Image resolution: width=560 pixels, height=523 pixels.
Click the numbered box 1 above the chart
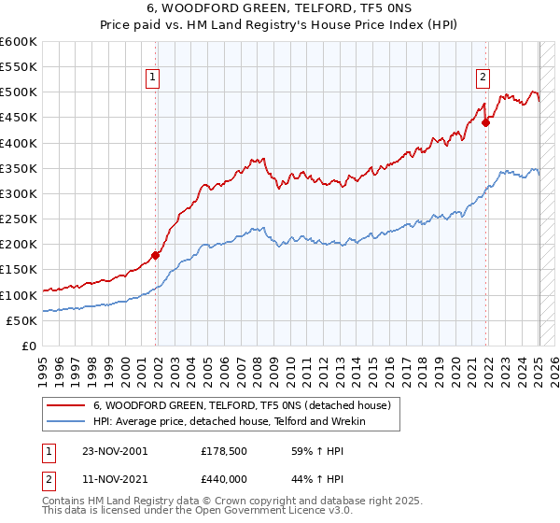pyautogui.click(x=152, y=78)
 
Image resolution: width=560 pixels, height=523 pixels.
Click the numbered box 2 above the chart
pyautogui.click(x=483, y=78)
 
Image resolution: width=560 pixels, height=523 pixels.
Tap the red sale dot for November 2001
pyautogui.click(x=156, y=255)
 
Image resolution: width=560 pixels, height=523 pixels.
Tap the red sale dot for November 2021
pyautogui.click(x=486, y=121)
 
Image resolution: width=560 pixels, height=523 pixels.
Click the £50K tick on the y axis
pyautogui.click(x=21, y=320)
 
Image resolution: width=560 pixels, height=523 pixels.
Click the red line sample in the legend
pyautogui.click(x=64, y=405)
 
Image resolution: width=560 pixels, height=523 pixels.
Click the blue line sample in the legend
pyautogui.click(x=64, y=421)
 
